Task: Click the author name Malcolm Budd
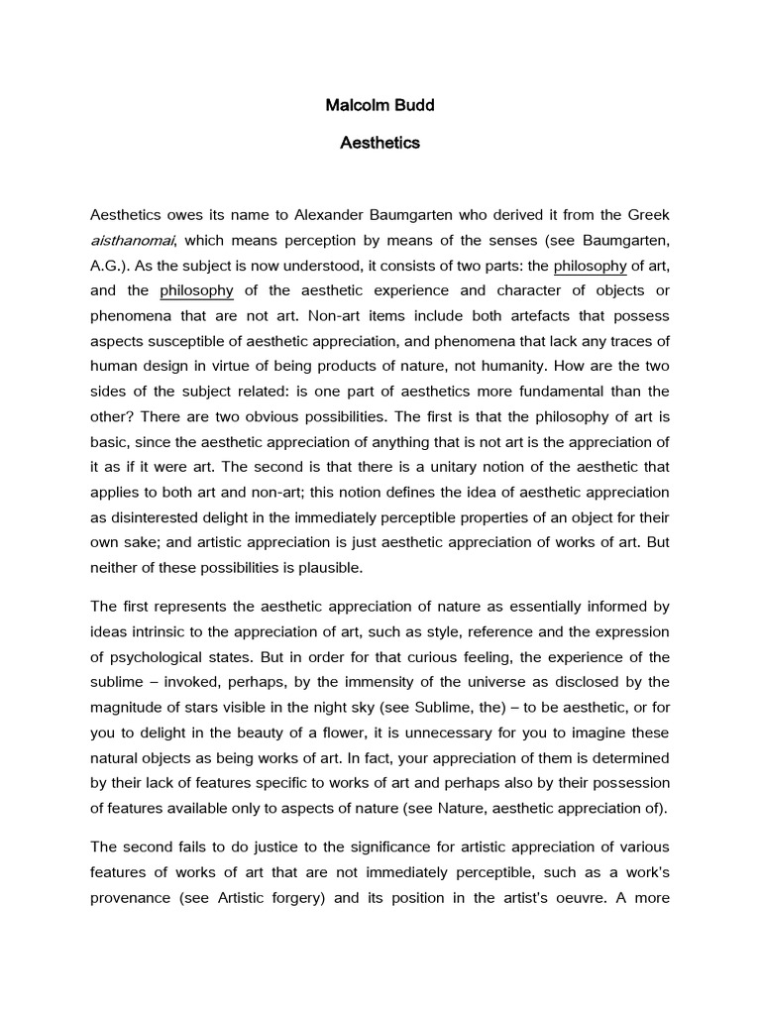pyautogui.click(x=380, y=104)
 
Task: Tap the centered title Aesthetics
pyautogui.click(x=380, y=143)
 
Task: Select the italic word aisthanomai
pyautogui.click(x=132, y=239)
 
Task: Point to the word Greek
pyautogui.click(x=646, y=214)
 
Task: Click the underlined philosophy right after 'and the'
pyautogui.click(x=196, y=290)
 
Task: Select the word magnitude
pyautogui.click(x=128, y=707)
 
